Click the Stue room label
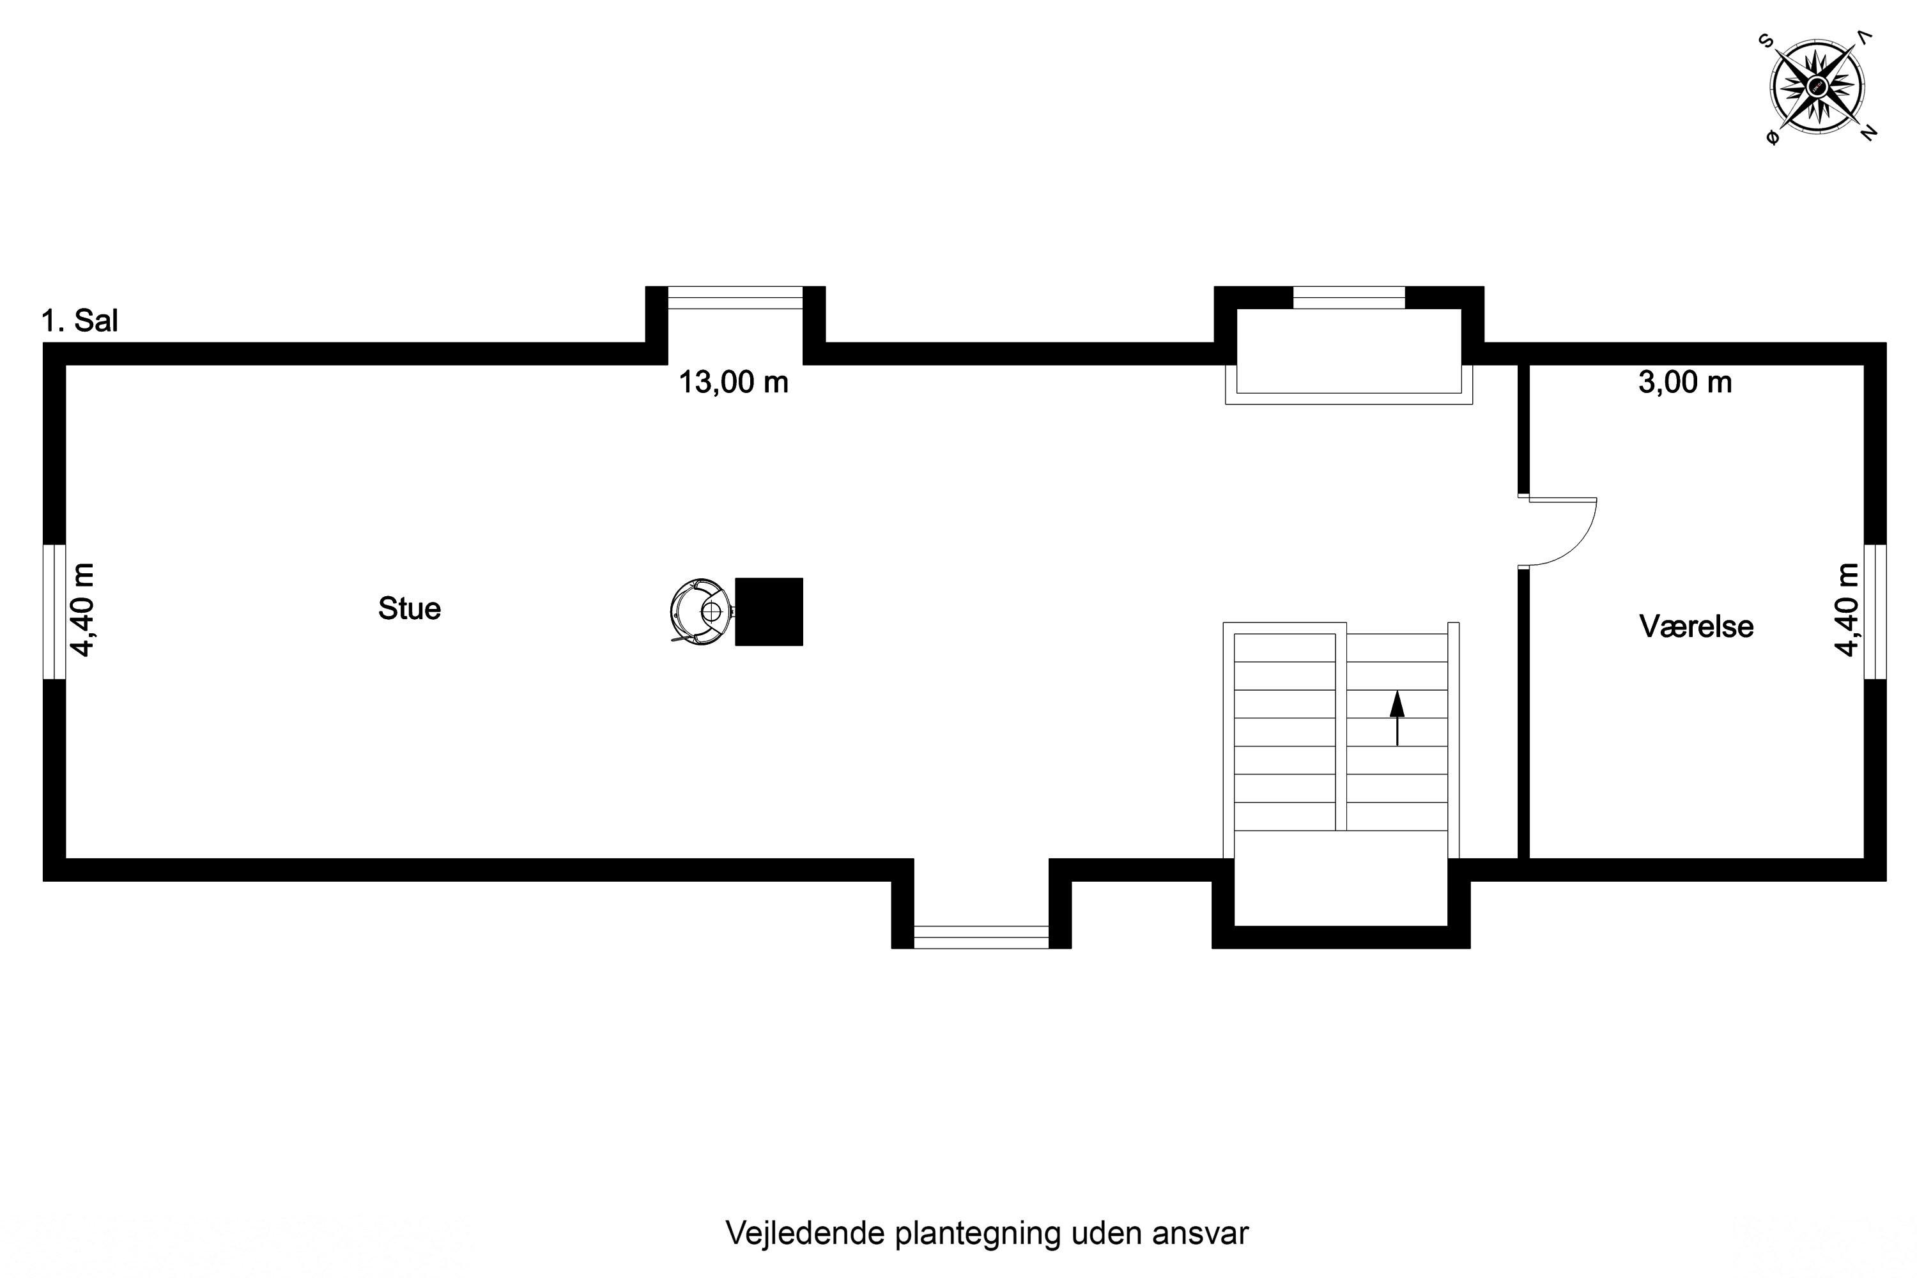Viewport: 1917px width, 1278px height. click(x=409, y=609)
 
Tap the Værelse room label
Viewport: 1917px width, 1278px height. click(x=1696, y=627)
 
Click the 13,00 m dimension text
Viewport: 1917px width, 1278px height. click(x=734, y=382)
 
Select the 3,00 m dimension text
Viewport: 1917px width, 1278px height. click(x=1684, y=382)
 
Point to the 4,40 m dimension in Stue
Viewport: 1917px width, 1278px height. click(x=83, y=610)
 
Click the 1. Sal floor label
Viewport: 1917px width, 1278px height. click(x=80, y=321)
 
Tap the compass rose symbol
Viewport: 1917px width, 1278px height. click(x=1817, y=86)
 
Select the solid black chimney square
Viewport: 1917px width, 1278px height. click(x=769, y=612)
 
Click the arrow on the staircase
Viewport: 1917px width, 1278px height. click(x=1397, y=717)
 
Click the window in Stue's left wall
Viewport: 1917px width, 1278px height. click(x=54, y=612)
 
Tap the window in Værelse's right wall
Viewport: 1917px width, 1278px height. click(x=1875, y=612)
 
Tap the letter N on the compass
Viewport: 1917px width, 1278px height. click(x=1868, y=132)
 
